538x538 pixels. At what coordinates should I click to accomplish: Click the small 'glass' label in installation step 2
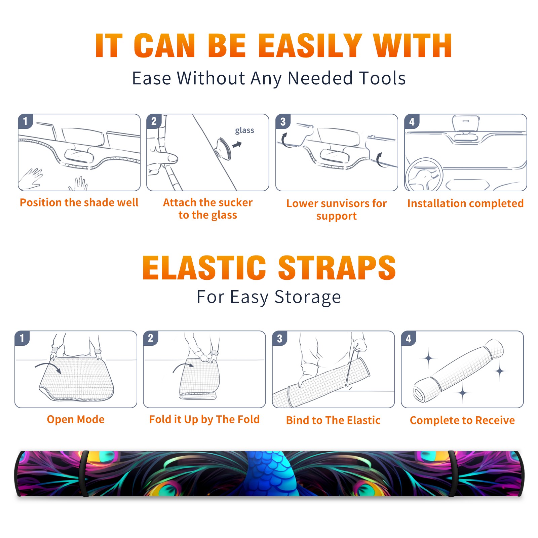coord(244,130)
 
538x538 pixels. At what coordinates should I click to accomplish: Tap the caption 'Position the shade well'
coord(79,202)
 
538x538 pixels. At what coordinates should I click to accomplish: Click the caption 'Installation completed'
coord(465,203)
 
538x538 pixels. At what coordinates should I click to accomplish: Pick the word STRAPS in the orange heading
coord(337,268)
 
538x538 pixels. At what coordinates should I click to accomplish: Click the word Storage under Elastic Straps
coord(308,297)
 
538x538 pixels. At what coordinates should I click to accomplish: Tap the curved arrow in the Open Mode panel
coord(48,367)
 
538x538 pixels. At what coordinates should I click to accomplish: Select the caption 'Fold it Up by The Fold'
coord(204,420)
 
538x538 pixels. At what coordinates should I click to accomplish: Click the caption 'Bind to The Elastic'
coord(333,420)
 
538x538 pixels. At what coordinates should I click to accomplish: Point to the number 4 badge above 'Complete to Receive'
coord(409,338)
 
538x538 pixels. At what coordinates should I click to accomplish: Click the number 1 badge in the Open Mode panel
coord(22,338)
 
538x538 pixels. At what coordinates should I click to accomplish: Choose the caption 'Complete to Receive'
coord(462,420)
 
